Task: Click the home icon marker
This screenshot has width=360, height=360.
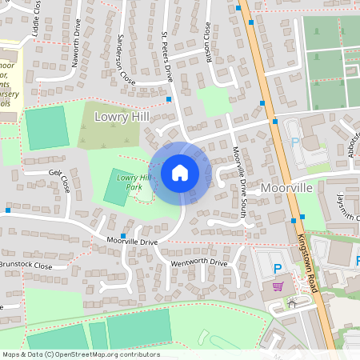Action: point(179,173)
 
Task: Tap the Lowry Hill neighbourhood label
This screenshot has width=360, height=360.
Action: point(122,117)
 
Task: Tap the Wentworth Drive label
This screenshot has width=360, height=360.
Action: point(199,262)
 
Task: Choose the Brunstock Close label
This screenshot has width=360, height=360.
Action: point(26,265)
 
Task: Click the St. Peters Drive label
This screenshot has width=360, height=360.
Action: point(167,57)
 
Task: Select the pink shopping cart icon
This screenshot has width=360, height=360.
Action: point(278,286)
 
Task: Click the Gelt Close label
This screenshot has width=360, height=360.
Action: point(59,178)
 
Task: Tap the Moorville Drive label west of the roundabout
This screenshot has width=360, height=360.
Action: point(132,241)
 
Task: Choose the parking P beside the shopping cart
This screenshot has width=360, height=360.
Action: point(278,269)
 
